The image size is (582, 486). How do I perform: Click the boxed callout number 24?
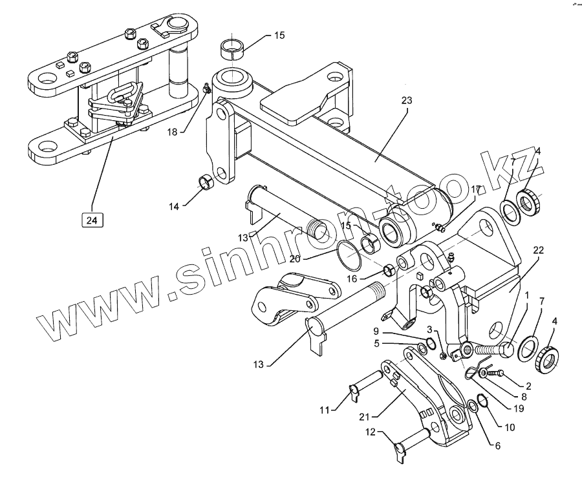pos(92,220)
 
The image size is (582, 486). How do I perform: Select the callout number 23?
pos(406,100)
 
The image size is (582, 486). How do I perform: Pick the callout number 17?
pos(476,189)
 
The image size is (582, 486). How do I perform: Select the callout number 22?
pos(538,249)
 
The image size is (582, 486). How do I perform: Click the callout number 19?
pos(518,408)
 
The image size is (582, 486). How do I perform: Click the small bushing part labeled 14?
pos(206,183)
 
